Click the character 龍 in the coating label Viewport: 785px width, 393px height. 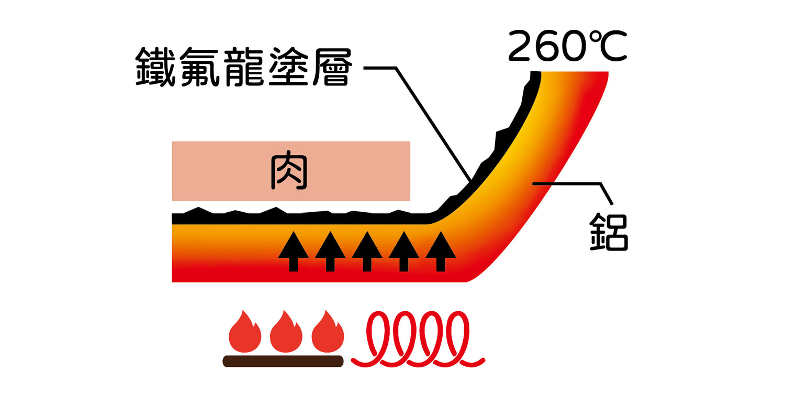click(243, 67)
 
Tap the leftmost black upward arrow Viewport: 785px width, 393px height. click(293, 252)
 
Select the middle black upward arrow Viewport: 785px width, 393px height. click(367, 252)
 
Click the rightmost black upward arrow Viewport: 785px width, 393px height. click(440, 252)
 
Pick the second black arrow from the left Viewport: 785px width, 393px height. click(330, 252)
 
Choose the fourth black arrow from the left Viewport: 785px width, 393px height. click(403, 252)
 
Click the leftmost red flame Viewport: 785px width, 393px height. click(245, 333)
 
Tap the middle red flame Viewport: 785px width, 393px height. click(286, 333)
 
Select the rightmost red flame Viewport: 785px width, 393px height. click(328, 333)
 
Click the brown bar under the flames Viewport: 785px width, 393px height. click(283, 361)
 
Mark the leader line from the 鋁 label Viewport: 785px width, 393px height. click(576, 183)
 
